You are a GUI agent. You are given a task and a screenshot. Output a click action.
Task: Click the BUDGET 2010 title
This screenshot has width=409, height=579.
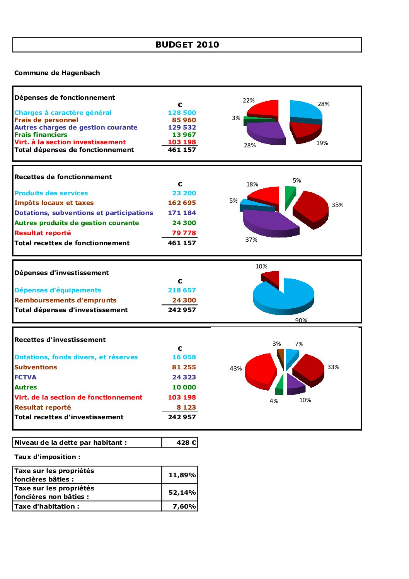tap(187, 45)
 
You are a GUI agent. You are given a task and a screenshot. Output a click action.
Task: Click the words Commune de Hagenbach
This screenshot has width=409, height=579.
tap(57, 73)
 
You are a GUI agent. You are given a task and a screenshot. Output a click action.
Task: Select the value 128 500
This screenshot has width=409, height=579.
tap(182, 113)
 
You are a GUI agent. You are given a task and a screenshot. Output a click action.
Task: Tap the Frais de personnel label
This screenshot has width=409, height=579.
tap(46, 120)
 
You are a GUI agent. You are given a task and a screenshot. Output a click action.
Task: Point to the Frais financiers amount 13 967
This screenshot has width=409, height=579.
tap(184, 135)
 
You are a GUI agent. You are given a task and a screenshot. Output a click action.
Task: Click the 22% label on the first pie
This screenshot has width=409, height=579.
tap(249, 101)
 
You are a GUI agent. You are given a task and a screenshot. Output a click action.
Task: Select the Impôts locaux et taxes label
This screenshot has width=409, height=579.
tap(54, 203)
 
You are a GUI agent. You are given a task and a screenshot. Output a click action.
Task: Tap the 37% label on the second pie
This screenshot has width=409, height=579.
tap(251, 240)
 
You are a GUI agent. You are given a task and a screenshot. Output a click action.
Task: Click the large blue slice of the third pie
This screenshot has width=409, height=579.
tap(284, 296)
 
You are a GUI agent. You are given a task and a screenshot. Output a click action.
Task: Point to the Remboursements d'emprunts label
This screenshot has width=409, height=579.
tap(65, 300)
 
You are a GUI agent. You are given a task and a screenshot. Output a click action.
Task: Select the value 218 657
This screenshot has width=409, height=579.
tap(182, 290)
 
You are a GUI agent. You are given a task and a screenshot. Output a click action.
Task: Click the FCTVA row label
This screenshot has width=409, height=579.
tap(26, 377)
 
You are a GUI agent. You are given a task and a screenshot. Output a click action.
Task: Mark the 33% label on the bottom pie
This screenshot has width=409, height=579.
tap(333, 367)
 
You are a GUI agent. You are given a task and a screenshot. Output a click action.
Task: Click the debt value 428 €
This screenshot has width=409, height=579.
tap(186, 442)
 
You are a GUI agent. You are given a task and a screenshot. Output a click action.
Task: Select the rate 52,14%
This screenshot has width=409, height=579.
tap(182, 492)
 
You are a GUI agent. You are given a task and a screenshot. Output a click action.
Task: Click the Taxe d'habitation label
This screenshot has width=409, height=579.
tap(47, 506)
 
